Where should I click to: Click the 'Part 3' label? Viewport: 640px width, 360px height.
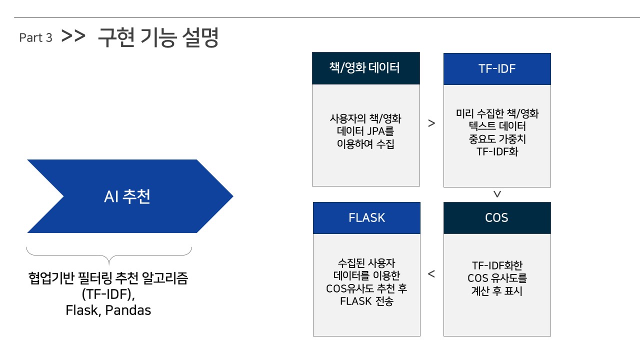(x=35, y=38)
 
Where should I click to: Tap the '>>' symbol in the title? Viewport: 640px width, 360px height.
(x=73, y=37)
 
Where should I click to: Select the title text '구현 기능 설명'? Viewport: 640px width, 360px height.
(x=158, y=37)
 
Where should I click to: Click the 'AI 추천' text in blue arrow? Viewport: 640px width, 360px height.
(x=127, y=196)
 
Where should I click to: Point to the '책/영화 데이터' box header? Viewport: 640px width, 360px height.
(x=365, y=68)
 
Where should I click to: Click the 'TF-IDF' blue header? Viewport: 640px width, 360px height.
(x=497, y=69)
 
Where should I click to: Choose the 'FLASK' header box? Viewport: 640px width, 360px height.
(x=366, y=218)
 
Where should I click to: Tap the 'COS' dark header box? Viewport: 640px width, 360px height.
(x=496, y=218)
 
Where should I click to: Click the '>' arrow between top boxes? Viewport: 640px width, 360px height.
(x=431, y=123)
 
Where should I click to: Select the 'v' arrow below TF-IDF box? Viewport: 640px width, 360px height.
(x=497, y=194)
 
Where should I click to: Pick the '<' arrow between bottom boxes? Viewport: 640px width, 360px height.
(x=431, y=274)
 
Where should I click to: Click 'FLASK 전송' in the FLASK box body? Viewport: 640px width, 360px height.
(x=366, y=301)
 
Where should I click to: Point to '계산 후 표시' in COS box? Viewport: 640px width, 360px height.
(x=497, y=290)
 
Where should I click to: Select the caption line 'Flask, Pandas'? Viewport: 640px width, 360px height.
(x=108, y=310)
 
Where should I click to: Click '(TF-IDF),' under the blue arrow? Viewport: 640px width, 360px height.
(x=108, y=294)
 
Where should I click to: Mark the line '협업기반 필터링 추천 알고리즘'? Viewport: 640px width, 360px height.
(x=108, y=278)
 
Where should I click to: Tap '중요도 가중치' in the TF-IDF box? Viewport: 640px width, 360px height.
(x=497, y=139)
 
